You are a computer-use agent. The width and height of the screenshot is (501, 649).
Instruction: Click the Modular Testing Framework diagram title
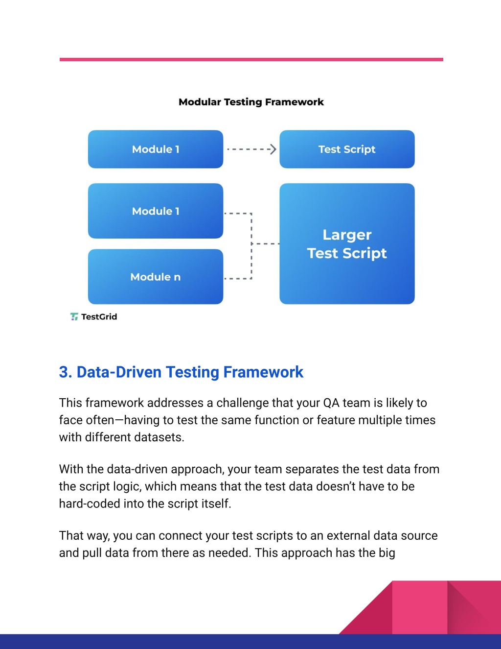(x=251, y=102)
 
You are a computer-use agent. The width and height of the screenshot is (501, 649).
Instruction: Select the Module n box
(x=156, y=277)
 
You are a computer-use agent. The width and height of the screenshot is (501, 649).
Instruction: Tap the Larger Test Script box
(x=347, y=244)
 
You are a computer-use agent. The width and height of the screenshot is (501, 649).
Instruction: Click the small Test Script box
(x=347, y=149)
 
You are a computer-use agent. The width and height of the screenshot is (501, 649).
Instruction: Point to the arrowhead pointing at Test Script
(x=273, y=149)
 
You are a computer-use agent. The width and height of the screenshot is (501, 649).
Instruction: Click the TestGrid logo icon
(x=74, y=316)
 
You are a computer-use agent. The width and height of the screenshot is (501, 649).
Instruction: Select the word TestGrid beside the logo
(x=99, y=316)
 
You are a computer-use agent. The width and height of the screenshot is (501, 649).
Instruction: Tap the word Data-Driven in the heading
(x=119, y=372)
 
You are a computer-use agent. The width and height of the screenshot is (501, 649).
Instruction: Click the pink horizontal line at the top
(x=251, y=59)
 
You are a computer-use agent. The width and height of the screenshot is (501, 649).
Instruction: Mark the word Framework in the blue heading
(x=263, y=372)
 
